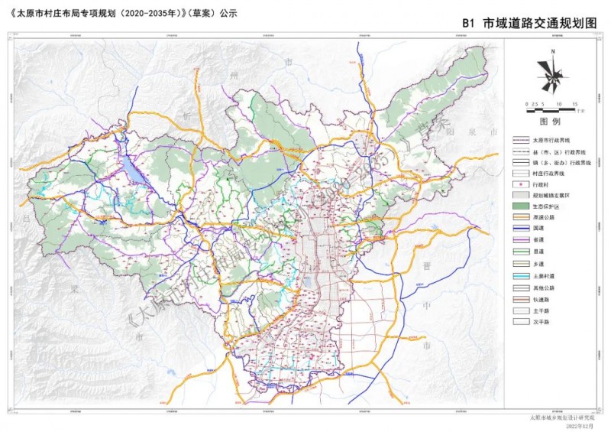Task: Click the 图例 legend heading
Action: tap(550, 122)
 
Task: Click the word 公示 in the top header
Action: tap(228, 13)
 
